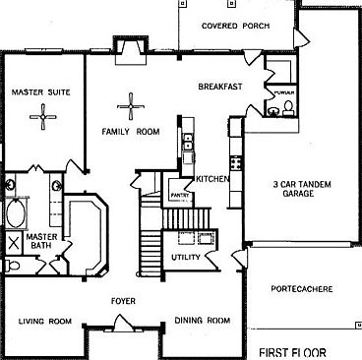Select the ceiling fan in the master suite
pyautogui.click(x=43, y=119)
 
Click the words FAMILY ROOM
pyautogui.click(x=131, y=131)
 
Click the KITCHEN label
pyautogui.click(x=212, y=179)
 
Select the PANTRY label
pyautogui.click(x=179, y=196)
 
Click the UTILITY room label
pyautogui.click(x=185, y=258)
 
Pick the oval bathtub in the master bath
pyautogui.click(x=17, y=212)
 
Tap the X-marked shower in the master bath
pyautogui.click(x=14, y=242)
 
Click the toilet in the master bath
pyautogui.click(x=12, y=265)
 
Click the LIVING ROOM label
pyautogui.click(x=46, y=321)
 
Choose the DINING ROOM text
pyautogui.click(x=202, y=321)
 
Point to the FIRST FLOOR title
pyautogui.click(x=298, y=350)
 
